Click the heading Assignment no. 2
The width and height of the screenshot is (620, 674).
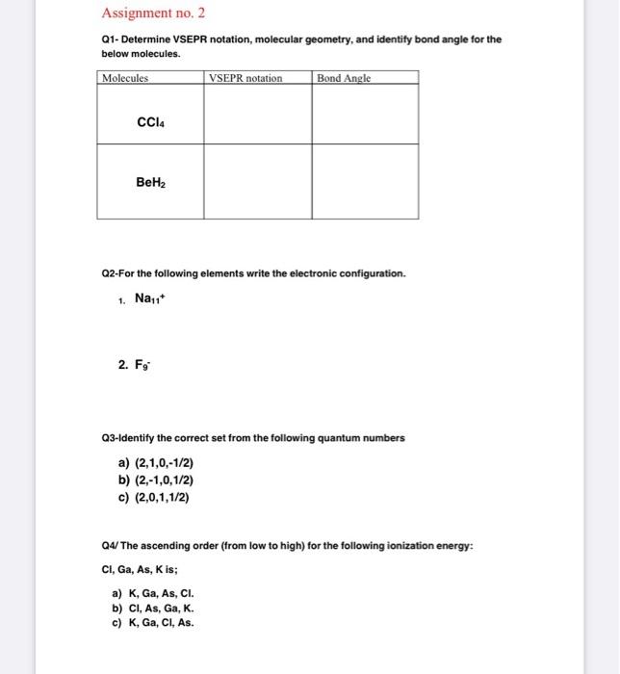pyautogui.click(x=153, y=13)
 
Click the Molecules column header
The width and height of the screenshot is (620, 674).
pyautogui.click(x=125, y=77)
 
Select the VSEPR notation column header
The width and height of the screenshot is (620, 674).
pyautogui.click(x=245, y=77)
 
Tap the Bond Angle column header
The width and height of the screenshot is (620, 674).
pyautogui.click(x=344, y=77)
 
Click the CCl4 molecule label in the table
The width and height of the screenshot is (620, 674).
pyautogui.click(x=149, y=122)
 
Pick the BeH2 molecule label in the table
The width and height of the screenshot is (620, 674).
pyautogui.click(x=149, y=181)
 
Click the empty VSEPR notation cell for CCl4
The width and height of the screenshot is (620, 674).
pyautogui.click(x=257, y=115)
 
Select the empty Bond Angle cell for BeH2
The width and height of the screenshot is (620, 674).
pyautogui.click(x=364, y=181)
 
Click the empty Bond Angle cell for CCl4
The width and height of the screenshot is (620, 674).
pyautogui.click(x=364, y=115)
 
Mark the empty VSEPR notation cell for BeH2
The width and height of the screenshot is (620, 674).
pyautogui.click(x=257, y=181)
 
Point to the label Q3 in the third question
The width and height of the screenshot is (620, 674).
pyautogui.click(x=110, y=437)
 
